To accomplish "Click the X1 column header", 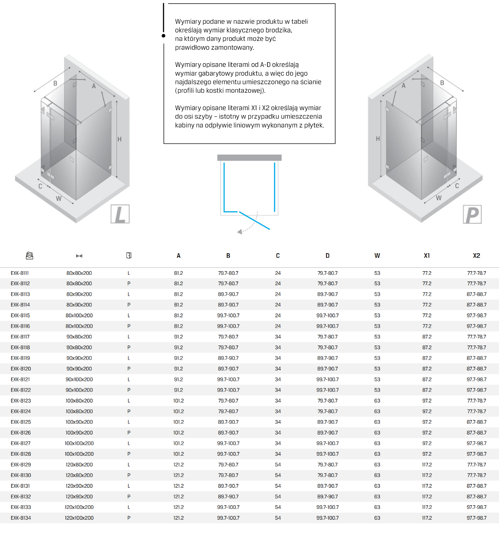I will coord(427,256).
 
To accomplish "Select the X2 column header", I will coord(477,256).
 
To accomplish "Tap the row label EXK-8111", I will coord(20,273).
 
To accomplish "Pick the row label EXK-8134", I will coord(21,518).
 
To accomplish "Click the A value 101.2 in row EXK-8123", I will coord(178,401).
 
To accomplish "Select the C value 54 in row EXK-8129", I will coord(278,465).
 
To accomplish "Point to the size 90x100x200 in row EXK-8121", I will coord(79,380).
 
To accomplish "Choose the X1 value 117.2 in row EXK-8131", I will coord(427,486).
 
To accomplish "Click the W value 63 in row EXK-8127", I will coord(377,444).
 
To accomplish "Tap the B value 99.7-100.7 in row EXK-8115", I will coord(228,316).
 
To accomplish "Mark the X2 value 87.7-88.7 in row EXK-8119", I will coord(477,358).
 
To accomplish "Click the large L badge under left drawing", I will coord(120,214).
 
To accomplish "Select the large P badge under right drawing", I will coord(472,215).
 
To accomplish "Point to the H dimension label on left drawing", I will coord(119,139).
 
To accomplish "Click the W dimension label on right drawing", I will coord(439,198).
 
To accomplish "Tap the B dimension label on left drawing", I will coord(55,83).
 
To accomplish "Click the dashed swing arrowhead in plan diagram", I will coord(240,232).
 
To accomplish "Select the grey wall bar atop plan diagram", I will coord(249,158).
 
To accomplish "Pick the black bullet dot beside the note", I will coord(163,36).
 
